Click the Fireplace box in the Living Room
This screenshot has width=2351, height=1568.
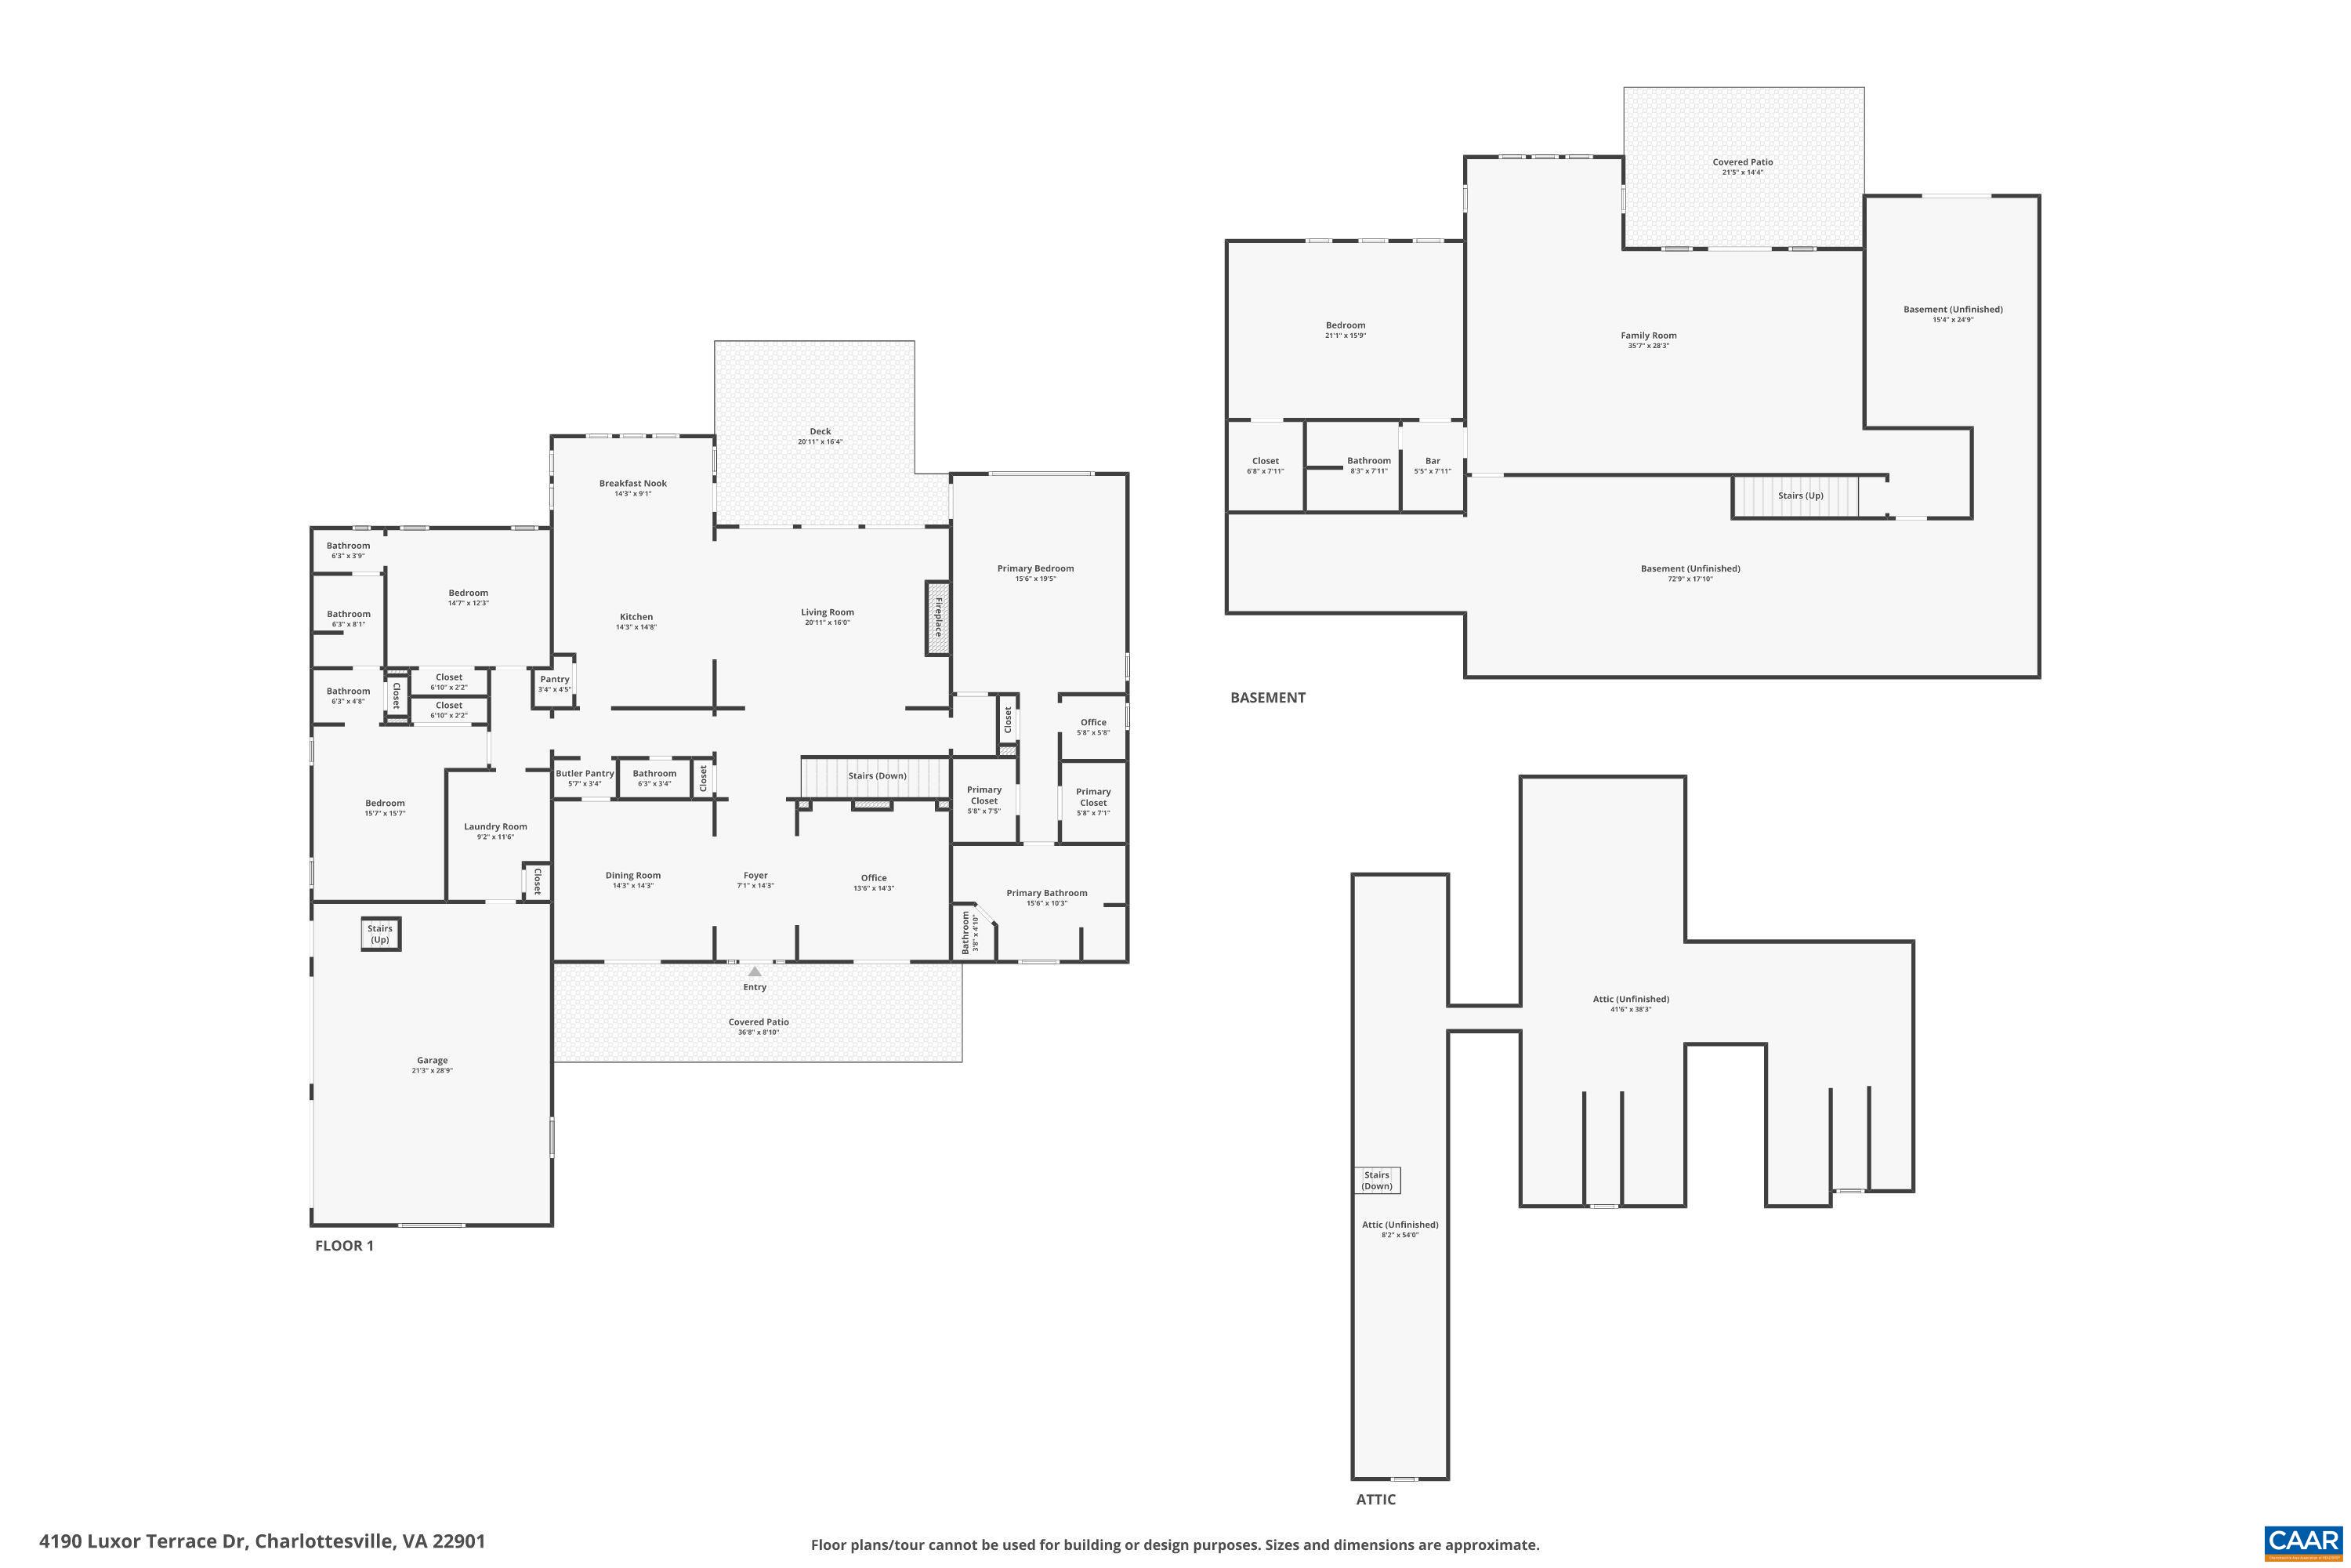[936, 618]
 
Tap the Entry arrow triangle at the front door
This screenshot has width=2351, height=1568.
[755, 971]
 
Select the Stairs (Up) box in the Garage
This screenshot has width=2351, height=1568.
[380, 934]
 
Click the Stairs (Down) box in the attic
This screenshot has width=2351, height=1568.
[1376, 1180]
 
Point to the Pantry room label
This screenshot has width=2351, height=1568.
[555, 679]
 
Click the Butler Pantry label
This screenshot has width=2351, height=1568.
[585, 773]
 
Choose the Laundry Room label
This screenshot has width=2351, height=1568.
[494, 826]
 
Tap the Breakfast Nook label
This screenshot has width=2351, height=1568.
[632, 483]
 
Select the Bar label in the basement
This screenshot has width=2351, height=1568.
[1433, 461]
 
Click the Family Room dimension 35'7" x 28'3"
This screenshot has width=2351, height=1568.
[1648, 346]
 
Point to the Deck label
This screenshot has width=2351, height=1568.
[820, 431]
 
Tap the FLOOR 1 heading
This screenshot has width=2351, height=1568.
[344, 1245]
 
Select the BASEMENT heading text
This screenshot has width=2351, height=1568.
[1267, 697]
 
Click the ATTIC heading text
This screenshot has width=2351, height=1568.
[1375, 1499]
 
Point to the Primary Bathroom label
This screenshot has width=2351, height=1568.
[1046, 893]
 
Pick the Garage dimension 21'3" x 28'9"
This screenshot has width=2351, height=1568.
[432, 1070]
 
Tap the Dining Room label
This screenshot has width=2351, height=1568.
[632, 875]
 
